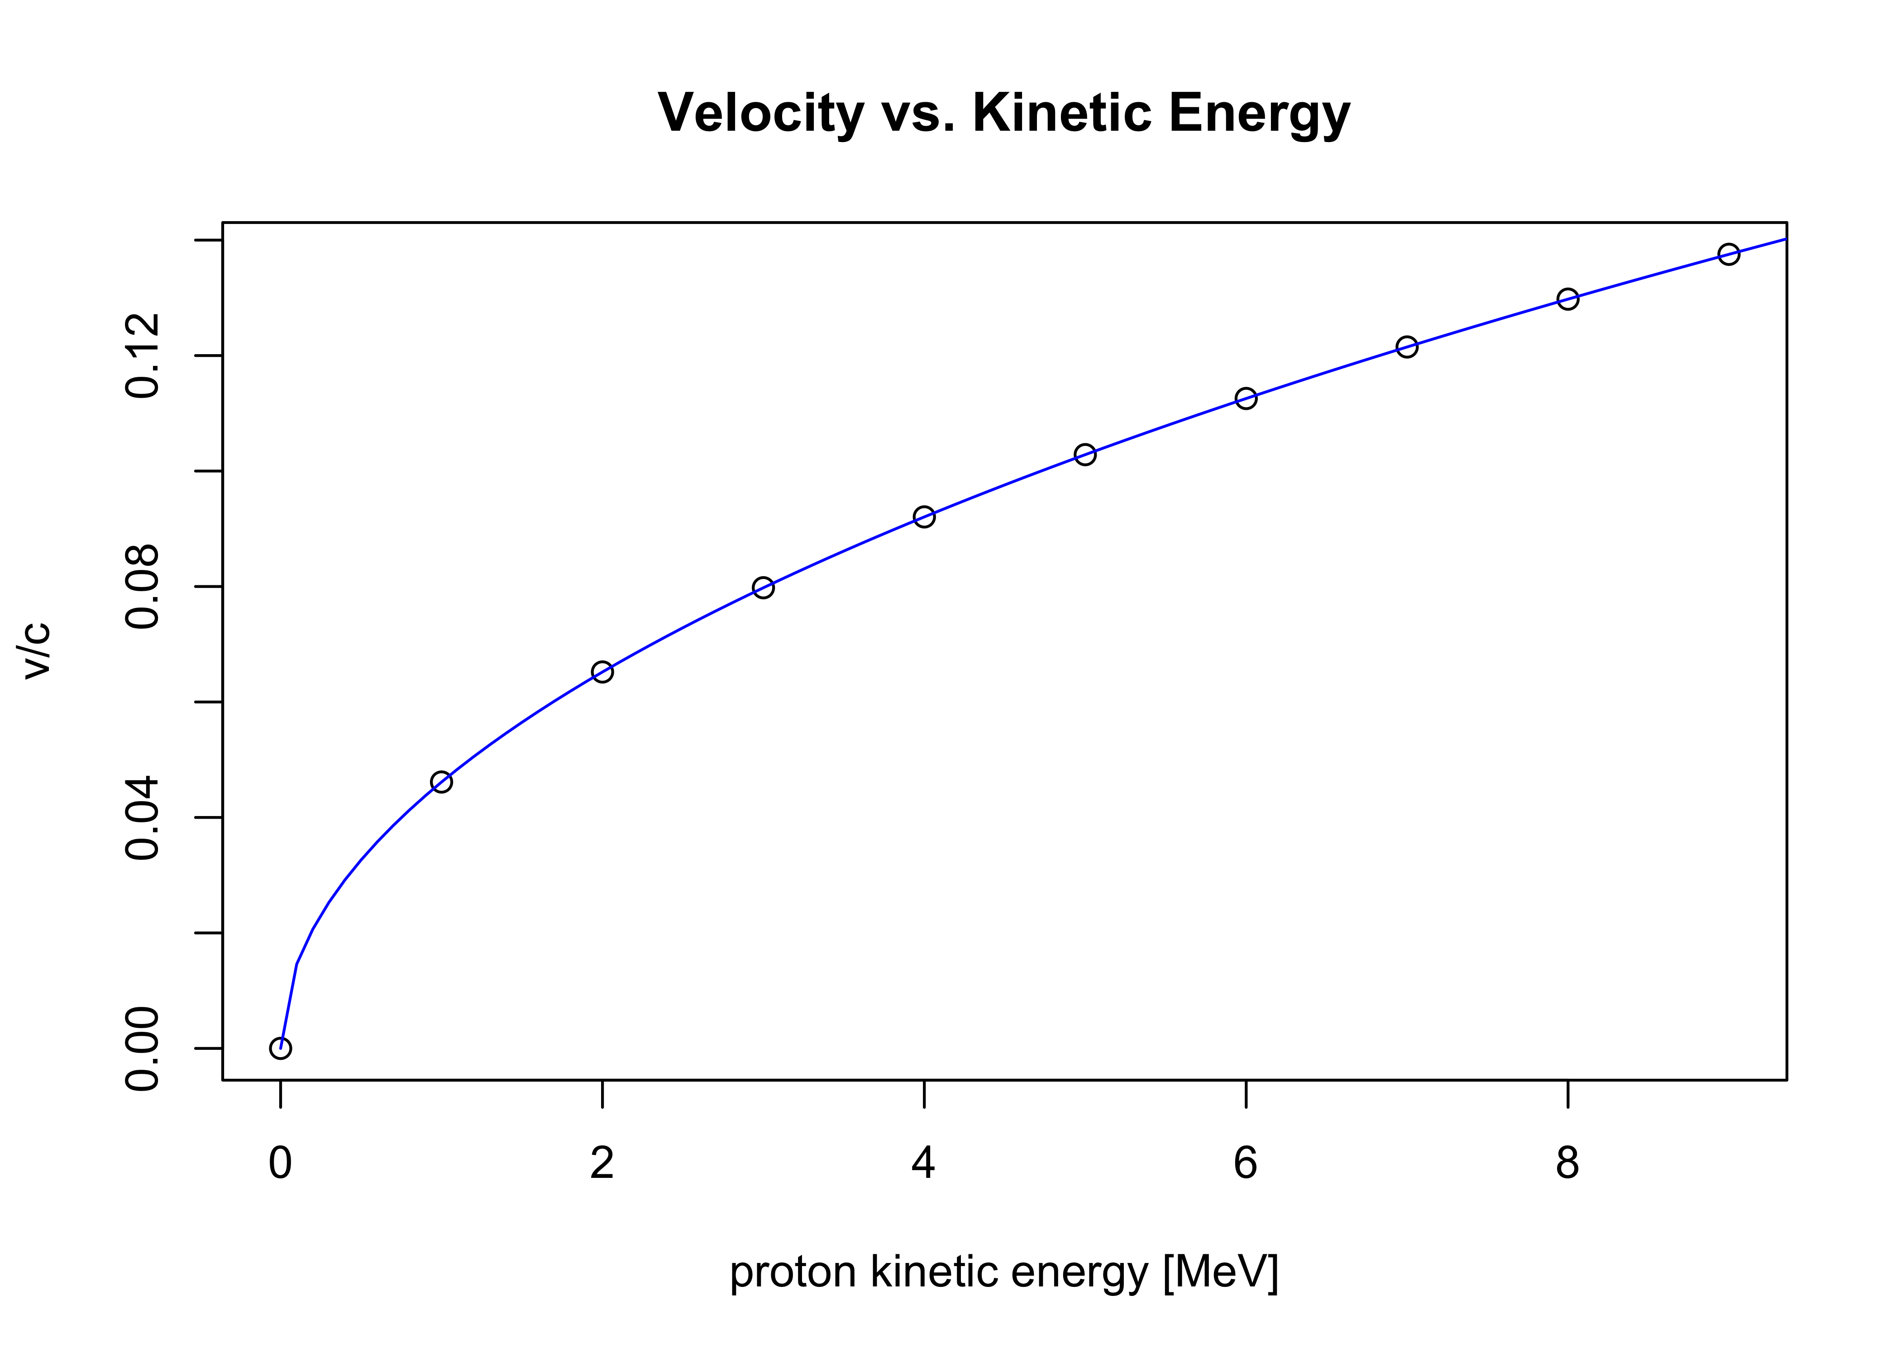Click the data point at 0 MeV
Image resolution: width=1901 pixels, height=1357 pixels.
point(281,1048)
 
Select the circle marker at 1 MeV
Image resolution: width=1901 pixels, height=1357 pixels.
point(441,782)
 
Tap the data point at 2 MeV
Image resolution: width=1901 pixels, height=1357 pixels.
point(602,672)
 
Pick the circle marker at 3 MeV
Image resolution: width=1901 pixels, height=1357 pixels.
point(763,588)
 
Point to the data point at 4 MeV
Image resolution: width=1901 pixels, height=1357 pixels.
point(924,517)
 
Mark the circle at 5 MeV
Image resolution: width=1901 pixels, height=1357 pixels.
point(1085,455)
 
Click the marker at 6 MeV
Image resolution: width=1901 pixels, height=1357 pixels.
point(1246,399)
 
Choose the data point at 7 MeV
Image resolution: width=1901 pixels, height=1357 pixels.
point(1407,347)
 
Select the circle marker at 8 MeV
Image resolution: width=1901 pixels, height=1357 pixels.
point(1567,299)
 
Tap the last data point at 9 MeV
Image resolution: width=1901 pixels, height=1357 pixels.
point(1729,254)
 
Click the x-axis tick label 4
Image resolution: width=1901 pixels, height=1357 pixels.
point(924,1163)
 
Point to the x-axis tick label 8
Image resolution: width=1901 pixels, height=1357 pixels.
point(1567,1163)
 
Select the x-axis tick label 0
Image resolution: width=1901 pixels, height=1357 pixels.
point(281,1163)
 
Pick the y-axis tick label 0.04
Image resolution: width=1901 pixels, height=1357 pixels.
point(142,817)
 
